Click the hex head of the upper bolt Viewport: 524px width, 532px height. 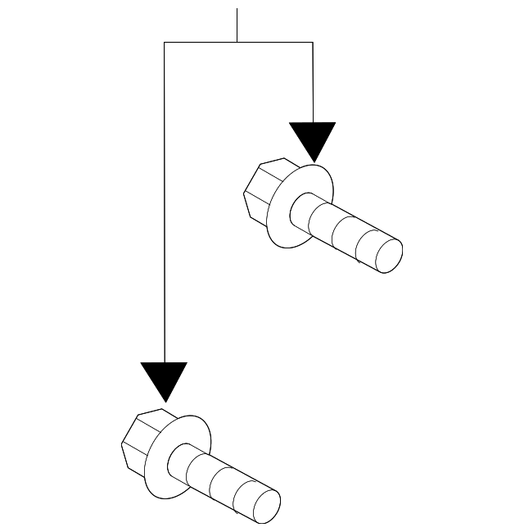point(260,192)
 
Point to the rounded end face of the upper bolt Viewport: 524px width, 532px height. point(387,255)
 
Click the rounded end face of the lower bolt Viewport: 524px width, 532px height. point(266,506)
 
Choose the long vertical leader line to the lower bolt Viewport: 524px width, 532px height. point(165,205)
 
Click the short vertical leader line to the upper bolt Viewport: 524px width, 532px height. point(313,82)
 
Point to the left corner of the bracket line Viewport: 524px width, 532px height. point(165,42)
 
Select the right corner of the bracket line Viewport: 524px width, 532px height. point(313,42)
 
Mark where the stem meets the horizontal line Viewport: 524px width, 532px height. point(237,42)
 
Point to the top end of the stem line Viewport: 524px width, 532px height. point(237,10)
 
